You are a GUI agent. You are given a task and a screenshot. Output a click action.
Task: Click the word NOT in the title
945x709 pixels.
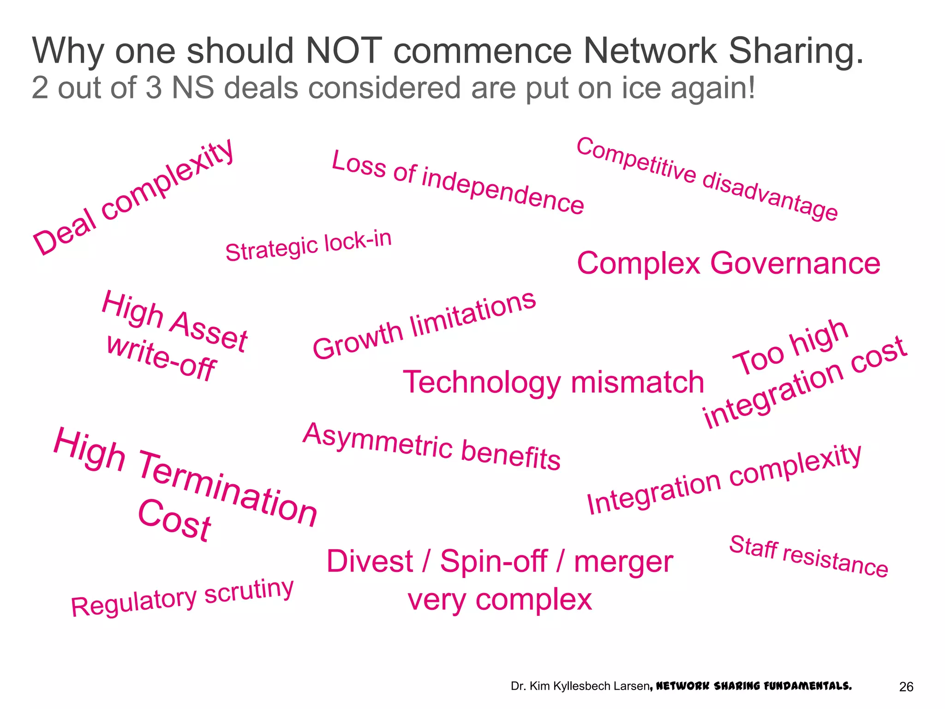click(x=344, y=51)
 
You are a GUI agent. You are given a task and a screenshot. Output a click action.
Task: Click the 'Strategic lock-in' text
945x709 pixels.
click(x=308, y=246)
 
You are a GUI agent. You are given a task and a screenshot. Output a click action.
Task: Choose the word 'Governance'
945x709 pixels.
click(x=795, y=264)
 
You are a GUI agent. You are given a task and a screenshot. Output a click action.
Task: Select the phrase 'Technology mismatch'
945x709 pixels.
click(x=553, y=382)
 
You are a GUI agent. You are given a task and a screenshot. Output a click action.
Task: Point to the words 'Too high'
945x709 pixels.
click(x=790, y=347)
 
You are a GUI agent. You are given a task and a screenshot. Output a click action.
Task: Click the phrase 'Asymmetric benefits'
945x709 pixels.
click(x=432, y=446)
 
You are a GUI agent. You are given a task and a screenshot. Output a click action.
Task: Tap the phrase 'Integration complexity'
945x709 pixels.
click(x=724, y=479)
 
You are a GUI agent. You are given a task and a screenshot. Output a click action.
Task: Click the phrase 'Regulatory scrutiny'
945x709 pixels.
click(x=182, y=598)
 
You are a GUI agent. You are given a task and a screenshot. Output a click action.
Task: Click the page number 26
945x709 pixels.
click(x=906, y=687)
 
